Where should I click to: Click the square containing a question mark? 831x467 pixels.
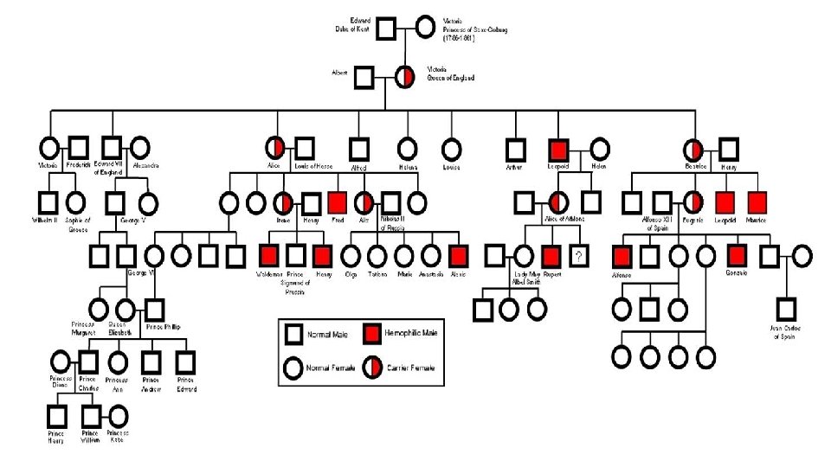click(x=579, y=256)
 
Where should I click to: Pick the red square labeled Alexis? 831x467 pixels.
click(x=459, y=256)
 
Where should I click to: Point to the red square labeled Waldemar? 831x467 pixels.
click(x=269, y=256)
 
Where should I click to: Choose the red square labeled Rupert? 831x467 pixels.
click(x=551, y=256)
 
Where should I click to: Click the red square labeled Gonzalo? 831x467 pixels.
click(x=736, y=256)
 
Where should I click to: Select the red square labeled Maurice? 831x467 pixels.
click(x=757, y=203)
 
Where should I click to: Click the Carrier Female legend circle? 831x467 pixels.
click(x=373, y=368)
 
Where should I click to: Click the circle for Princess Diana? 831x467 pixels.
click(x=60, y=361)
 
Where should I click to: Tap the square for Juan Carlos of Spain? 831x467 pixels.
click(x=785, y=309)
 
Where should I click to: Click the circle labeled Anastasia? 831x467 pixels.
click(x=431, y=256)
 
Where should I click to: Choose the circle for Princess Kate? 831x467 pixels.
click(x=118, y=417)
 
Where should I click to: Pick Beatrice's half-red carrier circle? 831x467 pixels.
click(x=692, y=150)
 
